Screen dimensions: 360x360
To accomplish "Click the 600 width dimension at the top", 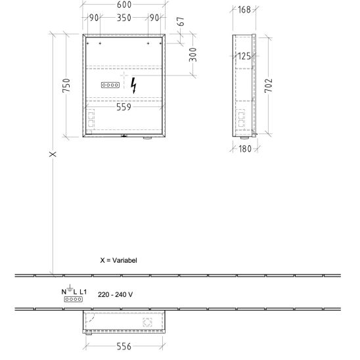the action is point(124,5).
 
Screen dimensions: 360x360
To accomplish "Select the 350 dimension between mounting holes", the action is point(124,18).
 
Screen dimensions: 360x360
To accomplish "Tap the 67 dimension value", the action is point(181,22).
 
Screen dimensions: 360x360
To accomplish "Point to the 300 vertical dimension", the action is point(193,55).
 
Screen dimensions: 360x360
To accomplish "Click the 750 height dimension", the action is point(66,85).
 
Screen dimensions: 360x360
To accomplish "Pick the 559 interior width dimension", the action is point(124,107).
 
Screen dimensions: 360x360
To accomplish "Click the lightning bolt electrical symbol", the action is point(133,85).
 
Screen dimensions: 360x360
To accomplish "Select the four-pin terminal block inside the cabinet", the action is point(110,85).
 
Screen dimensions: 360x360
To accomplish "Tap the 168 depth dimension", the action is point(244,10).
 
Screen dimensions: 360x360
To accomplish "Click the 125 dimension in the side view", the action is point(244,56).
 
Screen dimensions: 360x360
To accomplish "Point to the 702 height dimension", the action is point(269,85).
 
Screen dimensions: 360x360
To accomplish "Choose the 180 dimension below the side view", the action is point(245,148).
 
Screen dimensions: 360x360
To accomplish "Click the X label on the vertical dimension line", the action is point(53,154).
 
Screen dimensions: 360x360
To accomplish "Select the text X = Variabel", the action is point(118,260).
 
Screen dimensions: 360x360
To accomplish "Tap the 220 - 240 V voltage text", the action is point(115,294).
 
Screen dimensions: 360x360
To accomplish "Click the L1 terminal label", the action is point(83,292).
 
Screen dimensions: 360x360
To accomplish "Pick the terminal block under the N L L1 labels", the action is point(74,299).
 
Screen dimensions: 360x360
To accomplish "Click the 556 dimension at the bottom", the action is point(124,346).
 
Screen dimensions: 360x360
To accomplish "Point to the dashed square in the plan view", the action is point(147,322).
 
